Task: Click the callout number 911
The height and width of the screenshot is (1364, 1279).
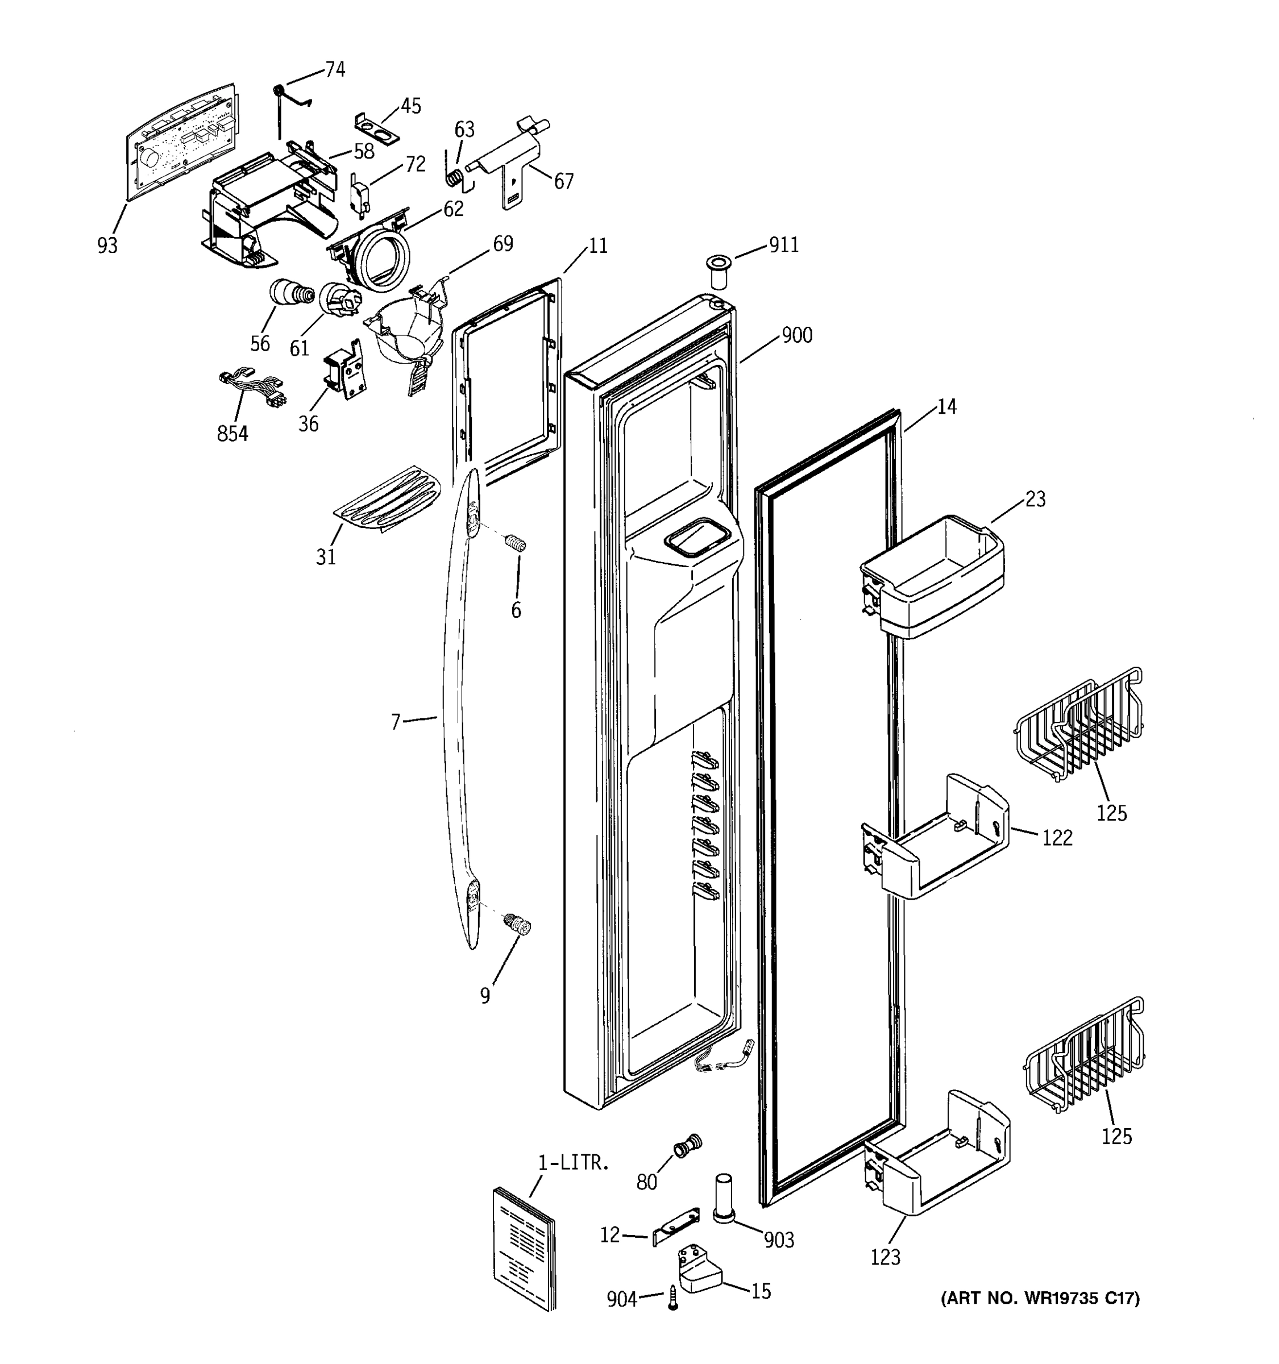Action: click(783, 245)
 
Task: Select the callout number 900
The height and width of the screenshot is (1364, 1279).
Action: click(796, 335)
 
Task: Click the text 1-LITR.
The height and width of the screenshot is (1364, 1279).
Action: click(573, 1162)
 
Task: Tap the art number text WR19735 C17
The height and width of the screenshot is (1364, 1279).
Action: click(1040, 1298)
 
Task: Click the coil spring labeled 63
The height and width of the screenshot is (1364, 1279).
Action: click(454, 178)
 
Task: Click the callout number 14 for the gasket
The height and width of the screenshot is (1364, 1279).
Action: click(946, 407)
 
